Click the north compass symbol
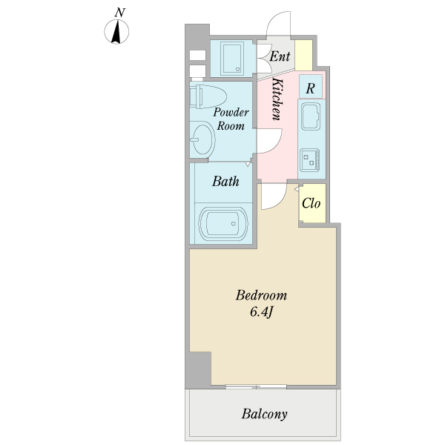[x=116, y=31]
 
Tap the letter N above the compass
[x=119, y=13]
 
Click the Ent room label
[x=280, y=56]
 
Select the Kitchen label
[x=277, y=99]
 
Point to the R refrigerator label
[x=310, y=88]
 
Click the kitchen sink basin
[x=311, y=116]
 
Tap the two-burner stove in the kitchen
[x=310, y=160]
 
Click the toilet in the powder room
[x=208, y=96]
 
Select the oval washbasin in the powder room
[x=202, y=139]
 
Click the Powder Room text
[x=231, y=119]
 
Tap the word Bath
[x=225, y=182]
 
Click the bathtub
[x=223, y=223]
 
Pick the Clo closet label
[x=311, y=203]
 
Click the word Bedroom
[x=261, y=295]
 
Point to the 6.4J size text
[x=261, y=312]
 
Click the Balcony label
[x=264, y=414]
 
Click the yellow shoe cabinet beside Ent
[x=303, y=55]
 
